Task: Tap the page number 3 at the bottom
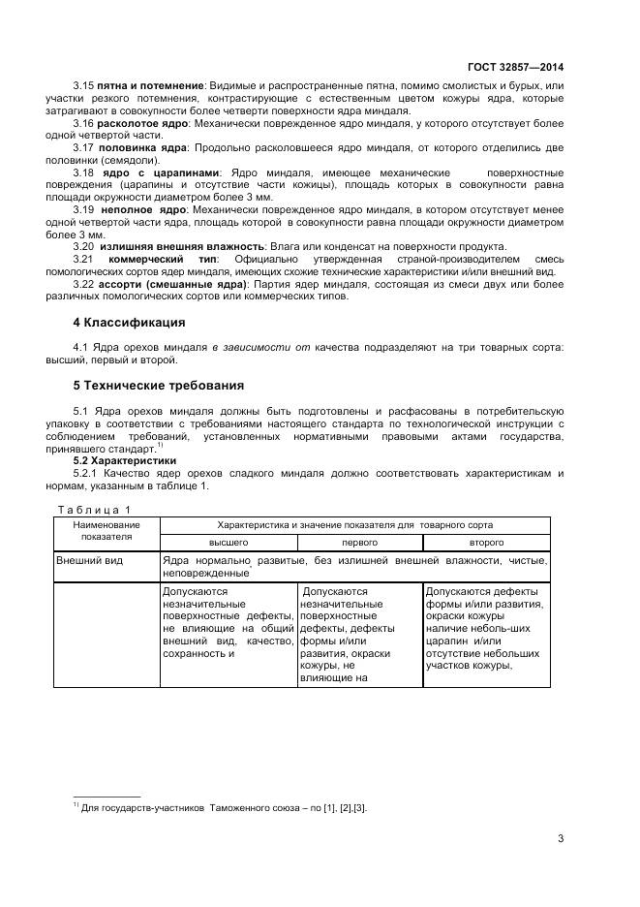coord(561,838)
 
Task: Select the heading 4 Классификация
coord(129,322)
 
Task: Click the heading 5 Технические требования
coord(159,385)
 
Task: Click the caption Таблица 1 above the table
coord(93,510)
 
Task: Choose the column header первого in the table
coord(358,543)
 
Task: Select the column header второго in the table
coord(486,543)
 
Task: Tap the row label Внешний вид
coord(86,561)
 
